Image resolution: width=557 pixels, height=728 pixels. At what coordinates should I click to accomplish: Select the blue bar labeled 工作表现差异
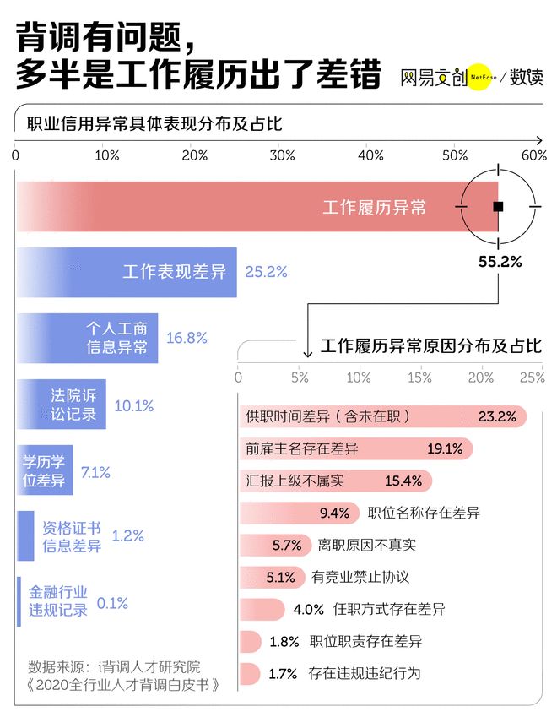coord(127,272)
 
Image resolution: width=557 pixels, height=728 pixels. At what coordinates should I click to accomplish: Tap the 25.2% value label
coord(266,272)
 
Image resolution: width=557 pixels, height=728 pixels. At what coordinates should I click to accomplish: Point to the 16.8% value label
coord(187,338)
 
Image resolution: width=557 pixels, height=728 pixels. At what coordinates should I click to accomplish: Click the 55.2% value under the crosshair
coord(500,262)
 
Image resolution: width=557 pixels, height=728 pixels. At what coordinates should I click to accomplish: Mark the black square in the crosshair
coord(498,206)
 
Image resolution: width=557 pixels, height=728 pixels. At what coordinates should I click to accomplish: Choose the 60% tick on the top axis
coord(534,156)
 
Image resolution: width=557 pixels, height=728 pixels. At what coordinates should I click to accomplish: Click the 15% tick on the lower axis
coord(420,377)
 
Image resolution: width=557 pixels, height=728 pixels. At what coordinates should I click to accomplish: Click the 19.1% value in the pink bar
coord(445,448)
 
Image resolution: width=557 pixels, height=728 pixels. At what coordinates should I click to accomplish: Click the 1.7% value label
coord(284,673)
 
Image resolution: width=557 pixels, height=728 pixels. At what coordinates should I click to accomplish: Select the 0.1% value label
coord(112,603)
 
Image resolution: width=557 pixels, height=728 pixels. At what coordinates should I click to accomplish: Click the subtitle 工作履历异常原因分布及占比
coord(431,346)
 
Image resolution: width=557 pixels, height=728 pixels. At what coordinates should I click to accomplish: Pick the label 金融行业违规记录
coord(58,601)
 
